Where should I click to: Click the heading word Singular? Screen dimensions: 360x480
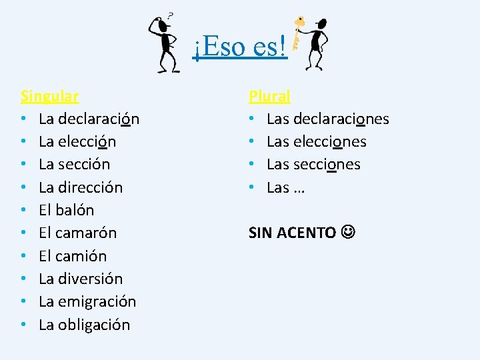pos(50,96)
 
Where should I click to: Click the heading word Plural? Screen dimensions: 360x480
pos(269,96)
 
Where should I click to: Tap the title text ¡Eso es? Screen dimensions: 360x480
pos(240,47)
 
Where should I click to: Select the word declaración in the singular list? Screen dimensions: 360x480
pos(98,119)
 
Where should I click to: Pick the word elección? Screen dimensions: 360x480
pos(87,141)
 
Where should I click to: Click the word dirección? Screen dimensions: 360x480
pos(90,187)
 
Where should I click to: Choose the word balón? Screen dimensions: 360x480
pos(75,210)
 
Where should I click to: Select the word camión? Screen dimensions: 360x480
pos(81,255)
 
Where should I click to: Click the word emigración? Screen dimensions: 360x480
pos(97,301)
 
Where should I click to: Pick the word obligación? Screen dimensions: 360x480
pos(94,325)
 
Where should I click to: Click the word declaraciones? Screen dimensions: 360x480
pos(341,119)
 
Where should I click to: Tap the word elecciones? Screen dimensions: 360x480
pos(330,141)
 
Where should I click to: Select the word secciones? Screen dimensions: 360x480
pos(327,164)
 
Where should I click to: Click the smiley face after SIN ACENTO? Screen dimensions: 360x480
pos(348,233)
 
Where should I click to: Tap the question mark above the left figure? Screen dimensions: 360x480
pos(171,15)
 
